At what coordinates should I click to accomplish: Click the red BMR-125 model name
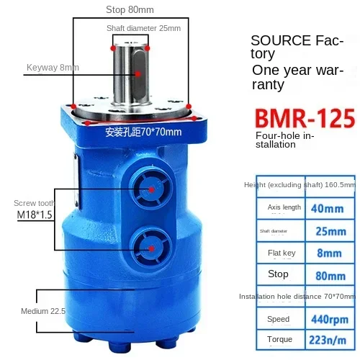(x=305, y=118)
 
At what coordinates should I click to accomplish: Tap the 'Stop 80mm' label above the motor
(x=130, y=10)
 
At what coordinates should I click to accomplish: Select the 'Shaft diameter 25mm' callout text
(x=143, y=28)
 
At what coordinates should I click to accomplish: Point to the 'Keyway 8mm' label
(x=53, y=68)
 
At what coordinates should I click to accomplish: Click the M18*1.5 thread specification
(x=35, y=215)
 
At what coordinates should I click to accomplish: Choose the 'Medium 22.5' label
(x=43, y=311)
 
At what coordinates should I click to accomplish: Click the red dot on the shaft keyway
(x=138, y=74)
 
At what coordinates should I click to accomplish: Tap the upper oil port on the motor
(x=150, y=189)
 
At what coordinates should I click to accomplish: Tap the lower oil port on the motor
(x=151, y=248)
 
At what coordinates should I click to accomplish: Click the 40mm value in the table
(x=328, y=209)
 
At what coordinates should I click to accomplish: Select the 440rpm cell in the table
(x=330, y=320)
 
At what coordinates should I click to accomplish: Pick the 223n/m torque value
(x=328, y=340)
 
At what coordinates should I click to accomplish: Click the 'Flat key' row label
(x=282, y=253)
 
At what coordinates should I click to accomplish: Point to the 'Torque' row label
(x=280, y=339)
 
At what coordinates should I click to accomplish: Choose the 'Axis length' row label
(x=284, y=207)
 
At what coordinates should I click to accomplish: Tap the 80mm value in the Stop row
(x=330, y=276)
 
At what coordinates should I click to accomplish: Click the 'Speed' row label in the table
(x=279, y=319)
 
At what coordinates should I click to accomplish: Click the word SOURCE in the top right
(x=281, y=40)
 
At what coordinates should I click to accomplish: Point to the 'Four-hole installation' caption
(x=285, y=140)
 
